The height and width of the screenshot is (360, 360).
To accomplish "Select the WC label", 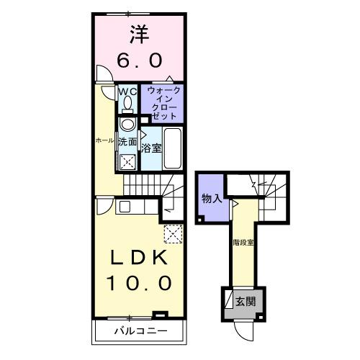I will point(127,91).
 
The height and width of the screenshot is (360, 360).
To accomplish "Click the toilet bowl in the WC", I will point(127,104).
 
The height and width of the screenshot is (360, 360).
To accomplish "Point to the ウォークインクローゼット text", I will point(163,103).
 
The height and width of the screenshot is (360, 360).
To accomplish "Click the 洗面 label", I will point(127,143).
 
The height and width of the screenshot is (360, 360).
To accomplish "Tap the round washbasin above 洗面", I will point(127,125).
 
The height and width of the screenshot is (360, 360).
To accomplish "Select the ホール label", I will point(104,140).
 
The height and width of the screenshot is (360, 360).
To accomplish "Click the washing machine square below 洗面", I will point(128,162).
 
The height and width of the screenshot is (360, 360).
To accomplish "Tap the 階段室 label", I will point(243,242).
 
